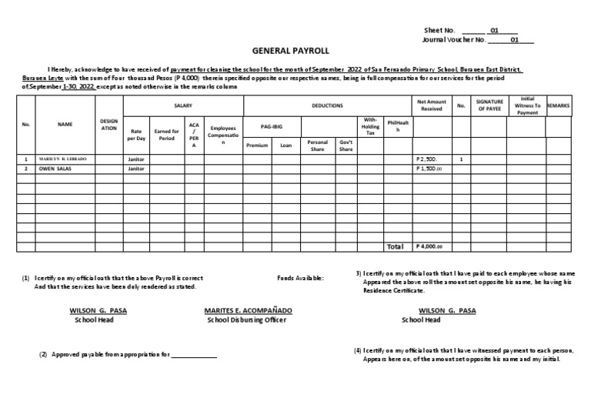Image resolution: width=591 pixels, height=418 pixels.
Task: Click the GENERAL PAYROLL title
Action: point(290,50)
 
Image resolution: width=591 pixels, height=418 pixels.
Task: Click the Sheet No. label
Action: point(439,30)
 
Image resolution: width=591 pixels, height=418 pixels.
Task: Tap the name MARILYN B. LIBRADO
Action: point(63,159)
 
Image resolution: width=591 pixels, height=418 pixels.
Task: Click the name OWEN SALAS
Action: point(55,168)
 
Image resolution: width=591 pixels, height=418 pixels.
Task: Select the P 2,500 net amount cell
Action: point(429,159)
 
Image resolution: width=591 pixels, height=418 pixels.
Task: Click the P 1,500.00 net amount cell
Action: point(429,168)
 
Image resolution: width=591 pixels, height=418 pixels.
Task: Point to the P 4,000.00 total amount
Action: point(429,247)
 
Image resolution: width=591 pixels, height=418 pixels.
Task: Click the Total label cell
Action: point(394,247)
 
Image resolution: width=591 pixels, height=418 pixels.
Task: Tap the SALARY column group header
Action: point(183,105)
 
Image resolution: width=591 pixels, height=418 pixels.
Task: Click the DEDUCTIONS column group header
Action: point(327,105)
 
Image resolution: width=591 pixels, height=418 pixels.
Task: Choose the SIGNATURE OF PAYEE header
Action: point(489,105)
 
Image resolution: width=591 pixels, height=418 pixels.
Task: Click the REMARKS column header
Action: point(559,105)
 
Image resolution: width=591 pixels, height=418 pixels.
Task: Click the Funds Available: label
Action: point(301,277)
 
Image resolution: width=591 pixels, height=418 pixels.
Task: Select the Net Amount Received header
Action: point(431,105)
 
